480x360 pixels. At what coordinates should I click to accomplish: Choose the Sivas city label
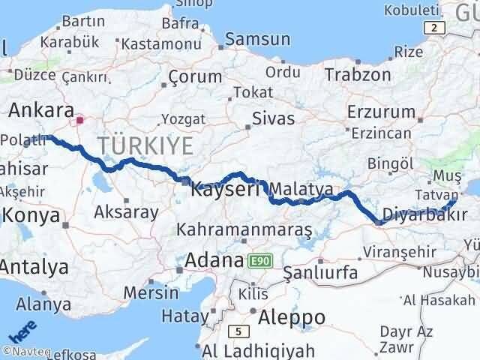[x=273, y=117]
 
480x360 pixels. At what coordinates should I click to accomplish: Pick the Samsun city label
[x=257, y=38]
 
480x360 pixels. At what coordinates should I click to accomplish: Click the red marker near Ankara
[x=80, y=118]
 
